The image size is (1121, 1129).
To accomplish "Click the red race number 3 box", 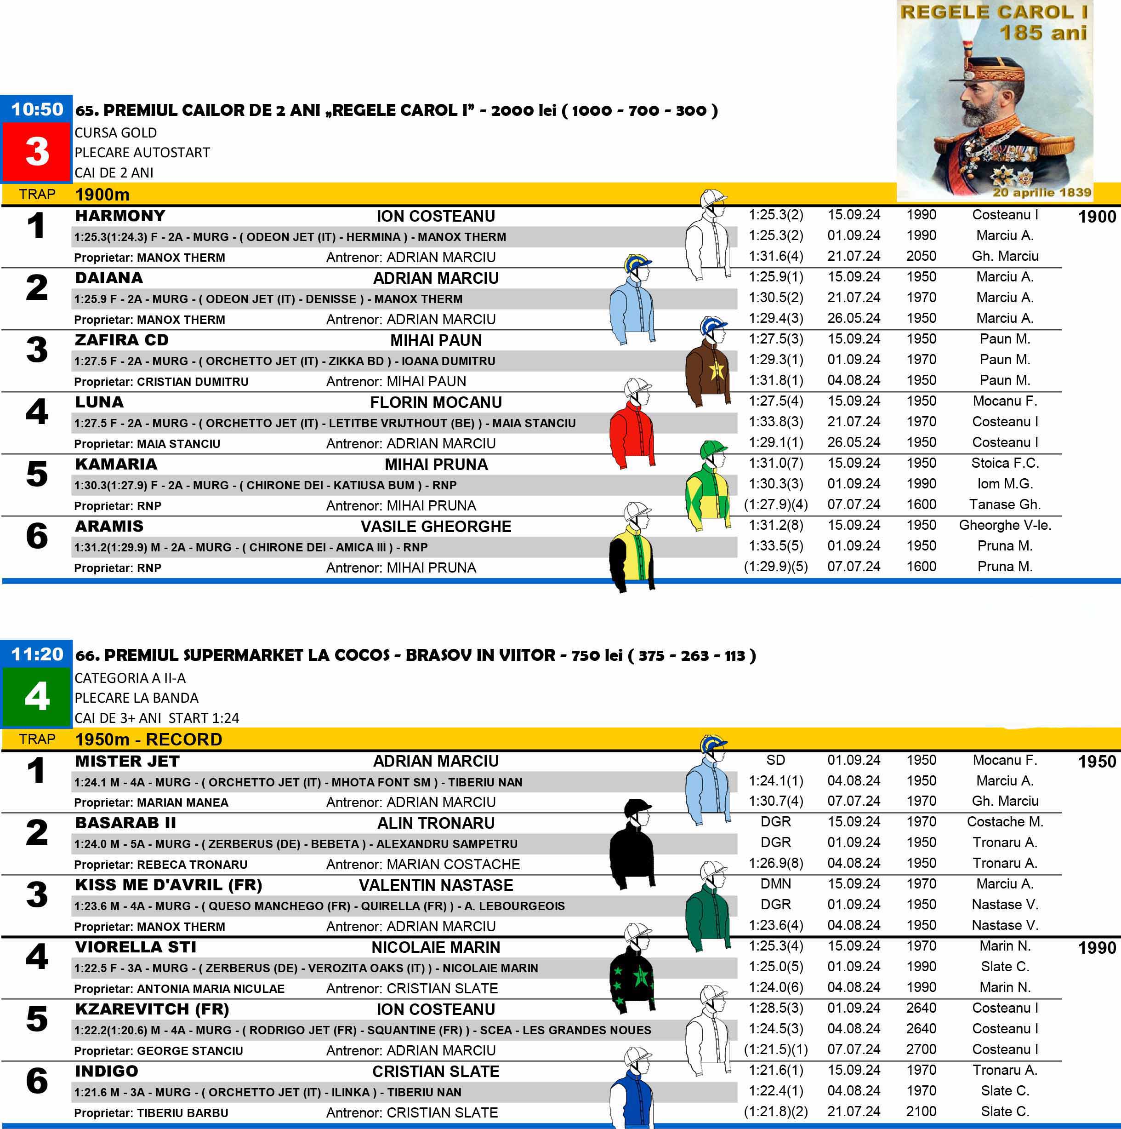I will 36,152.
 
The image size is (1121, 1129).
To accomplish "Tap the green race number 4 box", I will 36,697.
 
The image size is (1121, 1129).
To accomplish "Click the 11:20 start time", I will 36,654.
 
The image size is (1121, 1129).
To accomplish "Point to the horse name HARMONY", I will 120,216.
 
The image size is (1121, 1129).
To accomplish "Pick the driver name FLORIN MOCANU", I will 436,402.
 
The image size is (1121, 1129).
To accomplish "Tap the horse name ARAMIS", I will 109,526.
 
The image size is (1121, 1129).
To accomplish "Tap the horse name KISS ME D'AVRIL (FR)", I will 168,885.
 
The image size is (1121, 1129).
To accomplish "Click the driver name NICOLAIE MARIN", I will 436,947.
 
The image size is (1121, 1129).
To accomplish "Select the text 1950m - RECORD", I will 148,739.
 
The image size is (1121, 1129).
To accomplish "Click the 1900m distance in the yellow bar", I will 102,194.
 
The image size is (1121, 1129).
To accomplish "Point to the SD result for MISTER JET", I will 775,760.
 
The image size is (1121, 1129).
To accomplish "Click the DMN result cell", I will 775,883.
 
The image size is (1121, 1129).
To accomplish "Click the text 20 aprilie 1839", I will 1041,192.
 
